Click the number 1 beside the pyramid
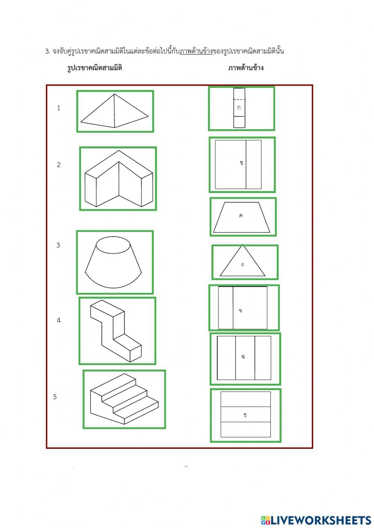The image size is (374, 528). tap(58, 108)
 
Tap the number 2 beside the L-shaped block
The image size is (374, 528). tap(59, 165)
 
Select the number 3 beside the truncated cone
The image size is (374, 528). tap(58, 245)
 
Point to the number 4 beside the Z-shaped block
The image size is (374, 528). tap(59, 320)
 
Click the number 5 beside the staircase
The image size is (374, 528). tap(55, 397)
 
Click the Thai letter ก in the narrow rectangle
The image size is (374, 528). tap(239, 108)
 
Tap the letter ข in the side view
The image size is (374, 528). tap(241, 163)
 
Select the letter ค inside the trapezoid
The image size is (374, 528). tap(241, 216)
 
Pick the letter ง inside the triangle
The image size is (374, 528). tap(242, 265)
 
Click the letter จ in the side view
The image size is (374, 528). tap(240, 311)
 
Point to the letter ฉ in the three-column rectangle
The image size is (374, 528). tap(243, 356)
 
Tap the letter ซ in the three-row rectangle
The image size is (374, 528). tap(245, 415)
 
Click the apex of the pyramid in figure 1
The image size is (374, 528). tap(114, 94)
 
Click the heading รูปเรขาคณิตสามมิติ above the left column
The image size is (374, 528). tap(95, 68)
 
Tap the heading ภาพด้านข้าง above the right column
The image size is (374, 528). tap(246, 68)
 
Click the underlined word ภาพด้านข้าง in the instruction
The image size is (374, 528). tap(196, 51)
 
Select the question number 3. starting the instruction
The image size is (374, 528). tap(48, 52)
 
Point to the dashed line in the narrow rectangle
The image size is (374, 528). tap(239, 99)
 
